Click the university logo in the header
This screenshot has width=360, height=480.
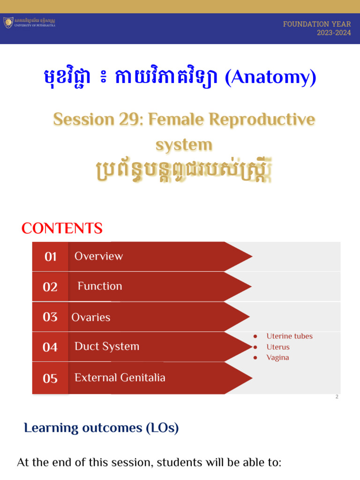point(8,22)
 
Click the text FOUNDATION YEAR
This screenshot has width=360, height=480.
point(317,24)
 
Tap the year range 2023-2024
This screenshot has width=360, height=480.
point(334,33)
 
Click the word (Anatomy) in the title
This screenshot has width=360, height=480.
point(270,78)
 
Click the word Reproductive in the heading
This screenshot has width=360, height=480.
point(262,120)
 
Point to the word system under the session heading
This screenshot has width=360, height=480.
point(183,144)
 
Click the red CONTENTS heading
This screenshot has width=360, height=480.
point(62,229)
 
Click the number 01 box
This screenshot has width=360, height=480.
point(50,257)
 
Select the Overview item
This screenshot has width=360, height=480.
point(98,256)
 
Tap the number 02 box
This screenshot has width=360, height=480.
point(50,287)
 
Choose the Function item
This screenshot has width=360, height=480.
point(99,286)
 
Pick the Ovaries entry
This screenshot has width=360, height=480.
point(91,317)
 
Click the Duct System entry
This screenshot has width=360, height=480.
point(107,347)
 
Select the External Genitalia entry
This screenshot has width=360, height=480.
point(120,378)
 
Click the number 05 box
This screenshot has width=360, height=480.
point(50,378)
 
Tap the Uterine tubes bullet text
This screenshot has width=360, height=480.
point(289,336)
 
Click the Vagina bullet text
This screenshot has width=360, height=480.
point(277,358)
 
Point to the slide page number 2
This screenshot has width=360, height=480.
point(337,397)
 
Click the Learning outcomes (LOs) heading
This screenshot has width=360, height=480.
point(101,428)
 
